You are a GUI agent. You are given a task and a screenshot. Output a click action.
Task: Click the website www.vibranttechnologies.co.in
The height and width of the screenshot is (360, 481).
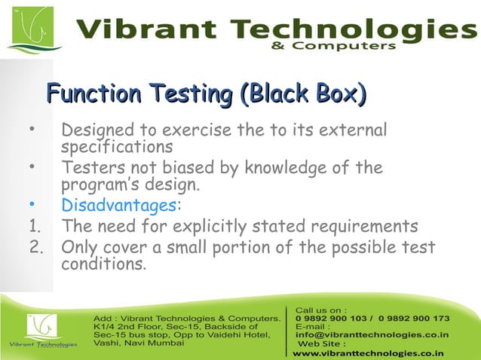click(368, 352)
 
